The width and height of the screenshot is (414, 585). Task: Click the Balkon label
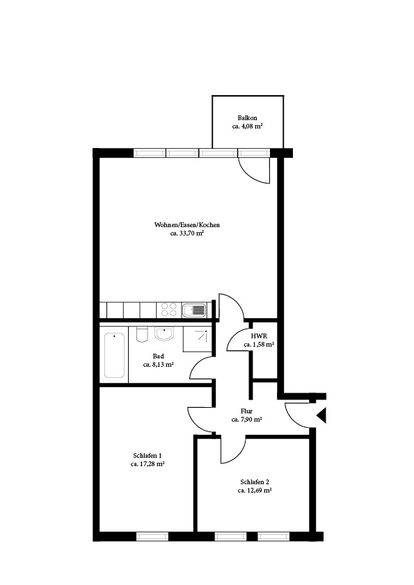click(247, 118)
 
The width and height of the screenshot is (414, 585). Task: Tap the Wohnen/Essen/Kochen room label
click(187, 225)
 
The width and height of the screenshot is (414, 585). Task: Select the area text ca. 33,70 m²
click(187, 233)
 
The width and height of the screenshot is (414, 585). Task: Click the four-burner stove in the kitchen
click(169, 310)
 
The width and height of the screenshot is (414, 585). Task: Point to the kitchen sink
click(194, 310)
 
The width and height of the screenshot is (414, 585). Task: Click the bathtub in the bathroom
click(114, 356)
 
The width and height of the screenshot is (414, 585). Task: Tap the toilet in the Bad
click(142, 335)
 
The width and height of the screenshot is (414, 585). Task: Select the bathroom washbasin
click(164, 334)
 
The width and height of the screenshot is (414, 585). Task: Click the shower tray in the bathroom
click(198, 339)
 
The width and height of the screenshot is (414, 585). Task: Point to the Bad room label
click(159, 356)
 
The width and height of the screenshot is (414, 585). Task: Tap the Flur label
click(246, 411)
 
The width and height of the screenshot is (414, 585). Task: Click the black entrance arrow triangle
click(321, 415)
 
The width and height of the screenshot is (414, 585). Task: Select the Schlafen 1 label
click(148, 456)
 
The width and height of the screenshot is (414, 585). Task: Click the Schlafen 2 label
click(255, 481)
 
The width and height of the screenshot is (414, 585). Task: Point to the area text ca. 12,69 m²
click(255, 491)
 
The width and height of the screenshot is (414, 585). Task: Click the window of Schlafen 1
click(152, 536)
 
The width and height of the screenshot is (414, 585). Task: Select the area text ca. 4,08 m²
click(247, 126)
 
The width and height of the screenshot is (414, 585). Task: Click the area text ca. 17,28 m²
click(148, 464)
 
